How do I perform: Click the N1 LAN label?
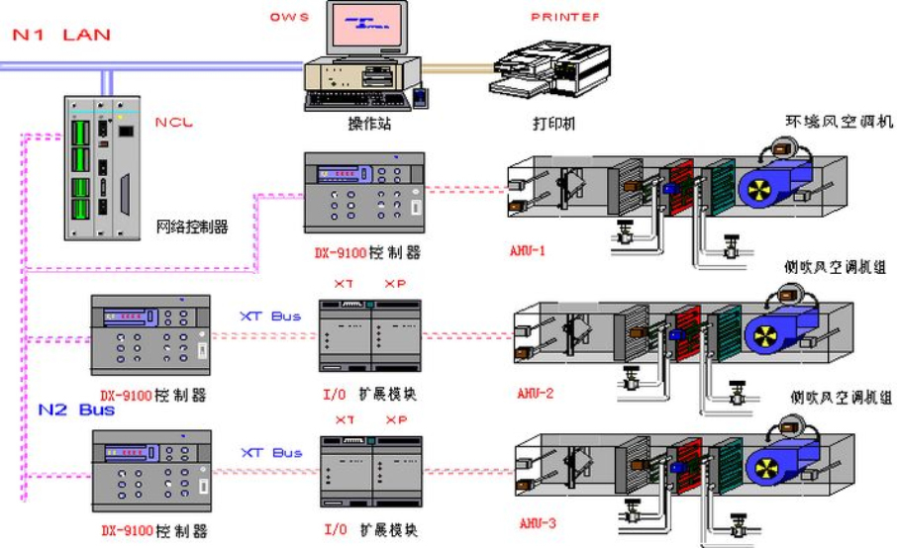pyautogui.click(x=60, y=35)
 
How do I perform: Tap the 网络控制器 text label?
pyautogui.click(x=192, y=227)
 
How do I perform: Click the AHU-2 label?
pyautogui.click(x=535, y=393)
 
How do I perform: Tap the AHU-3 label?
pyautogui.click(x=538, y=520)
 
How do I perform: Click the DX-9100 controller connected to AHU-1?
pyautogui.click(x=363, y=194)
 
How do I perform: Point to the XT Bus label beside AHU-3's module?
pyautogui.click(x=270, y=453)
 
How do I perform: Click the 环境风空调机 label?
pyautogui.click(x=839, y=122)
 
